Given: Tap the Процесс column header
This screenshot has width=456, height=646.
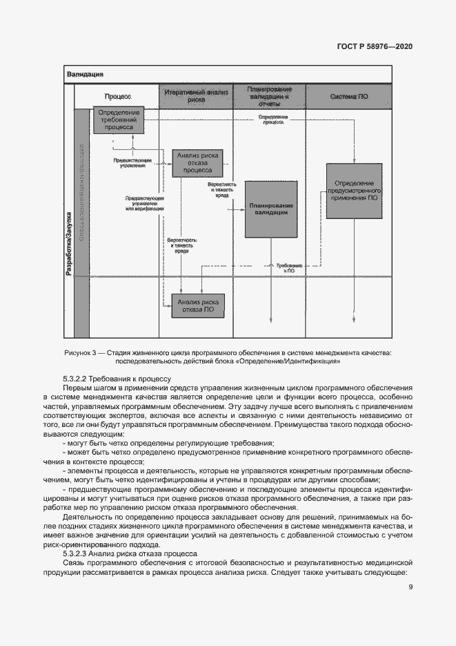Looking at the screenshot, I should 117,96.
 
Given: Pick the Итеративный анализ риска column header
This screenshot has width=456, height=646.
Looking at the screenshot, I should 197,95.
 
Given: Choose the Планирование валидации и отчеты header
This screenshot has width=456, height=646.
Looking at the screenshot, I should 270,95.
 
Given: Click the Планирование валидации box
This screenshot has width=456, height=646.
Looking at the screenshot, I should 272,209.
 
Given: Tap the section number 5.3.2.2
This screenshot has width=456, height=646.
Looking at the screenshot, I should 75,379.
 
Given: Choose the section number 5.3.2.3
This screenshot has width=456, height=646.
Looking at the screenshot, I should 75,553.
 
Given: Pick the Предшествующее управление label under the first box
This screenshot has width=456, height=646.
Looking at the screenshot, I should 132,163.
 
